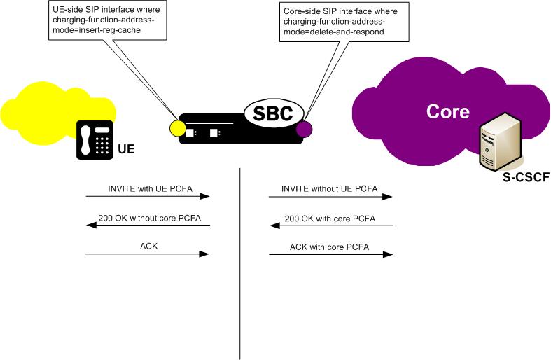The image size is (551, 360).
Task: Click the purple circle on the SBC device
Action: point(304,129)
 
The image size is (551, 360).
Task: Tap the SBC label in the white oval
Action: point(274,113)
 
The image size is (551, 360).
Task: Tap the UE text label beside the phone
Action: point(127,150)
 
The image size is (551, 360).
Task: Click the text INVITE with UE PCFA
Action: point(148,189)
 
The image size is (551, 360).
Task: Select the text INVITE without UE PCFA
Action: point(330,189)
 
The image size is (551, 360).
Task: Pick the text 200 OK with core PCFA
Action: point(330,219)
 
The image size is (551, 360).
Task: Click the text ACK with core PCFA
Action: point(330,247)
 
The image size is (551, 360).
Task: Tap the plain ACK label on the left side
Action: point(148,247)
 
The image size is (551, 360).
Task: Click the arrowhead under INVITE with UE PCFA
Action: point(207,197)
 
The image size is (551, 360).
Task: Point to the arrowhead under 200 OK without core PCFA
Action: point(89,226)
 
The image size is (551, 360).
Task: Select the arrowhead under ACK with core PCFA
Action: point(389,256)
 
